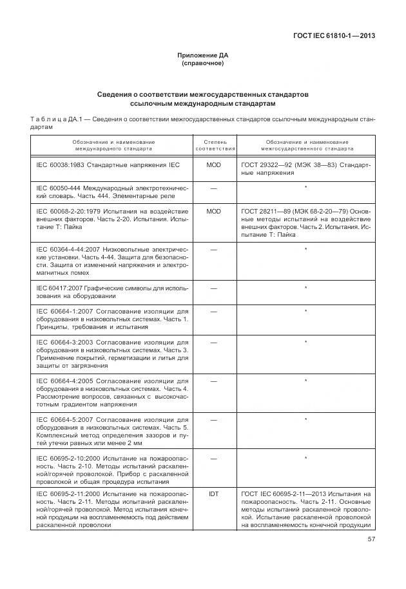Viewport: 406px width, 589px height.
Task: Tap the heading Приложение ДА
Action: (202, 55)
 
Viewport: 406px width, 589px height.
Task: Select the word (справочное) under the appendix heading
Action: (202, 64)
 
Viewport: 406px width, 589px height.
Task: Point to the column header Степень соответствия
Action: (213, 145)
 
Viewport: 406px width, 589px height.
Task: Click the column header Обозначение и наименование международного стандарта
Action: (113, 145)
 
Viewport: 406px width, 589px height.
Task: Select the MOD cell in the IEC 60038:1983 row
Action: (213, 165)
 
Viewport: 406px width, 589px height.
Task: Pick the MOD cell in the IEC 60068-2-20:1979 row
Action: (213, 211)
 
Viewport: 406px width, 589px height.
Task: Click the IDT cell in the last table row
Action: (213, 494)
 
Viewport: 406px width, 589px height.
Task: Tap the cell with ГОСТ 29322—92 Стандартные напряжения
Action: (305, 170)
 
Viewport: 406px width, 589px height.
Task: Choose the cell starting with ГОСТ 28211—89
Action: (305, 223)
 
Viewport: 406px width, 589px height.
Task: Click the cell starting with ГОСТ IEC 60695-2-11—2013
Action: (305, 510)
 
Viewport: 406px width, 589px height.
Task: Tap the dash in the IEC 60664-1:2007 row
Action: (213, 312)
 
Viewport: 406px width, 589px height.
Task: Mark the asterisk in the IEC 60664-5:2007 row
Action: (305, 419)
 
